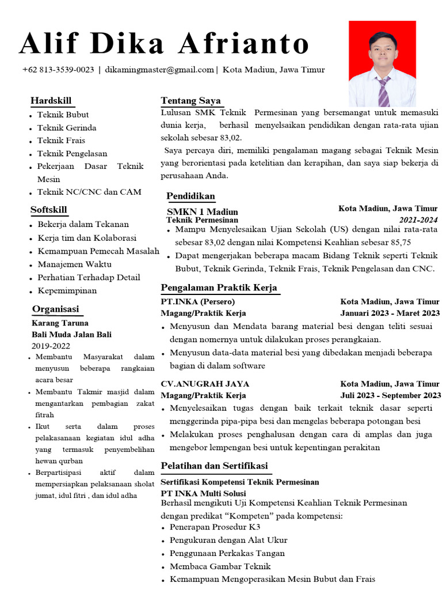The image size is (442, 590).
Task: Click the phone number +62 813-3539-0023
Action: point(58,70)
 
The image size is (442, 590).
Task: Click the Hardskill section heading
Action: point(51,101)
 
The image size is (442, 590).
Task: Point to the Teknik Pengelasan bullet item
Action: point(73,153)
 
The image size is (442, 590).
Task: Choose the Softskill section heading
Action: point(49,209)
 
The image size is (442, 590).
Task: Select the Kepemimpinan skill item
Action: point(67,290)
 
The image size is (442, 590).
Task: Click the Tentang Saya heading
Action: point(190,101)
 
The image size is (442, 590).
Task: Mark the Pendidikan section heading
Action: point(190,195)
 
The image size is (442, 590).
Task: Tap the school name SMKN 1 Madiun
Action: point(202,211)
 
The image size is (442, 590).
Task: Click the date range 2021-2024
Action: point(418,220)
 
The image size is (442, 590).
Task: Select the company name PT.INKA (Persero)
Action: point(198,301)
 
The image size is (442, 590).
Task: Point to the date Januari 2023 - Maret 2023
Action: point(390,313)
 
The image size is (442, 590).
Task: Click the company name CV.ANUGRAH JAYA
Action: point(205,384)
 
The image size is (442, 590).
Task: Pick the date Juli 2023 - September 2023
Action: point(390,395)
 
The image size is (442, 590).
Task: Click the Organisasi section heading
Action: point(55,309)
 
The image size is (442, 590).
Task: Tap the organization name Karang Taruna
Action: point(60,323)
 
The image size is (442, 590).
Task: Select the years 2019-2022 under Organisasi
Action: point(51,346)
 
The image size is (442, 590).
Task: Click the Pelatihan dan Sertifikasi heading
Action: point(214,466)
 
